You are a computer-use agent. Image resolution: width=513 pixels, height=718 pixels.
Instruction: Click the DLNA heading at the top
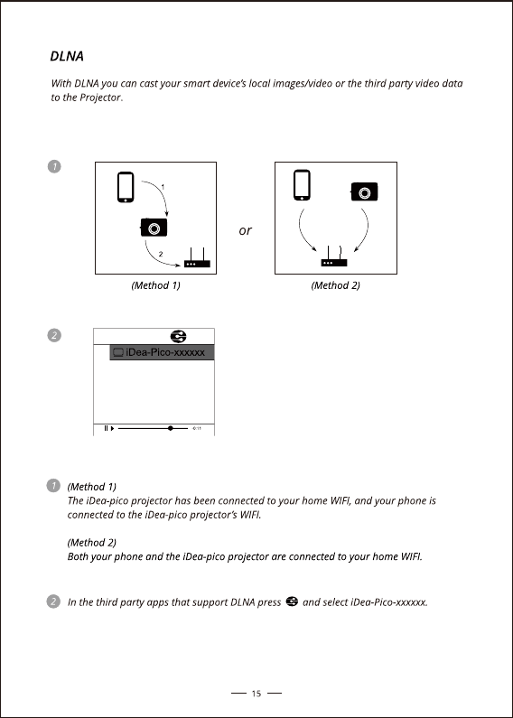(67, 56)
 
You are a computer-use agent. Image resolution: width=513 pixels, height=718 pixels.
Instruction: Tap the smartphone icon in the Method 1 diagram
(126, 187)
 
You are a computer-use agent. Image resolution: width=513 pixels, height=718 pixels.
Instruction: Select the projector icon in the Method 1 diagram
(154, 227)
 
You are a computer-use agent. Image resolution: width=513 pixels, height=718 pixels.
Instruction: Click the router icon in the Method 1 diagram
(197, 257)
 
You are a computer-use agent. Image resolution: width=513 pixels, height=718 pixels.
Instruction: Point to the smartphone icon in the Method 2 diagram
(302, 185)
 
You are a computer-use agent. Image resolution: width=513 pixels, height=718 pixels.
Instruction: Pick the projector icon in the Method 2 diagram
(364, 191)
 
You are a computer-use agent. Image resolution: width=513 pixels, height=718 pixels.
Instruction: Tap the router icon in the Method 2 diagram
(334, 256)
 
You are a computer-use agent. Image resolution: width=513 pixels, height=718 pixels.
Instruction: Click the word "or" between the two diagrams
(245, 230)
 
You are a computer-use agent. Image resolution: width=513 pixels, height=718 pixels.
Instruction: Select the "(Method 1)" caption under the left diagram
(155, 285)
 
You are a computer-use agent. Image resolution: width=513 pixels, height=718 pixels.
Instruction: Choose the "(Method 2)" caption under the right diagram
(336, 285)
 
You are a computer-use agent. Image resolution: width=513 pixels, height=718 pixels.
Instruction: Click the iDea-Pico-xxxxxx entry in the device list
(162, 352)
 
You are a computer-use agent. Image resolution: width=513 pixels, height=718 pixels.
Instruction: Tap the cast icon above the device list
(178, 337)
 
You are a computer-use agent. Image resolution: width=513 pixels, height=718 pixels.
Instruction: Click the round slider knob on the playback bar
(171, 428)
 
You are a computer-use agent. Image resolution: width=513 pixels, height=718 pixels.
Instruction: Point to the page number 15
(256, 694)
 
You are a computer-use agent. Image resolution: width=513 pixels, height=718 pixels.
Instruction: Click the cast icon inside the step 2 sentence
(292, 601)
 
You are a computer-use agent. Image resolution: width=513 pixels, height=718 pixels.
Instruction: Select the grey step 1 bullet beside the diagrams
(54, 167)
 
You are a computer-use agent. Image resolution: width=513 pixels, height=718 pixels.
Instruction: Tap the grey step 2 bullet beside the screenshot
(54, 335)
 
